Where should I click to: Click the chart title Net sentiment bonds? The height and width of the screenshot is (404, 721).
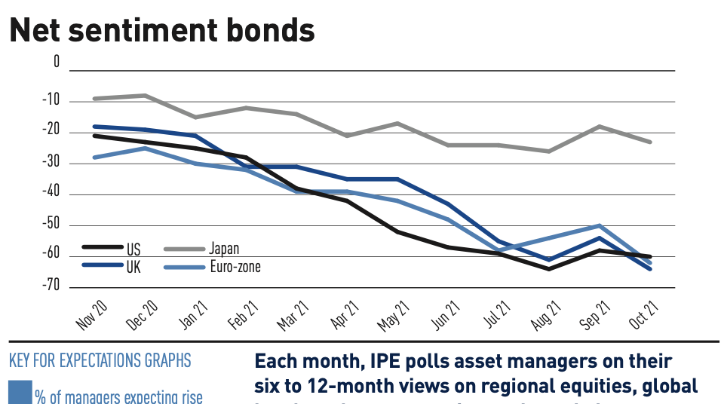pyautogui.click(x=161, y=30)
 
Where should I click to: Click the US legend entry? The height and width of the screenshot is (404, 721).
pyautogui.click(x=132, y=249)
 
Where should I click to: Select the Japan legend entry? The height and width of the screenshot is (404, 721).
pyautogui.click(x=223, y=249)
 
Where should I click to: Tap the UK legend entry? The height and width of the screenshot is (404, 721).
pyautogui.click(x=132, y=266)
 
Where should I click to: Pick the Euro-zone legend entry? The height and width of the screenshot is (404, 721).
pyautogui.click(x=235, y=266)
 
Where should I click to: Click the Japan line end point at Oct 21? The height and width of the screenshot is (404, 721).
pyautogui.click(x=650, y=142)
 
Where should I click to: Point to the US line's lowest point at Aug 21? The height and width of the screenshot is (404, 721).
pyautogui.click(x=549, y=268)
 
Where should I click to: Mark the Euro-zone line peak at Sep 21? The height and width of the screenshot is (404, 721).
pyautogui.click(x=600, y=225)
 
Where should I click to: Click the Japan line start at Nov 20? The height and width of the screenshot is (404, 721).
pyautogui.click(x=94, y=99)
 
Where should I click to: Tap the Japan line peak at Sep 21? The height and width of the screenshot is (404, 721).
pyautogui.click(x=600, y=126)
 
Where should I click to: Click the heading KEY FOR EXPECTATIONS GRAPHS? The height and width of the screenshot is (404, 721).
pyautogui.click(x=100, y=360)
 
